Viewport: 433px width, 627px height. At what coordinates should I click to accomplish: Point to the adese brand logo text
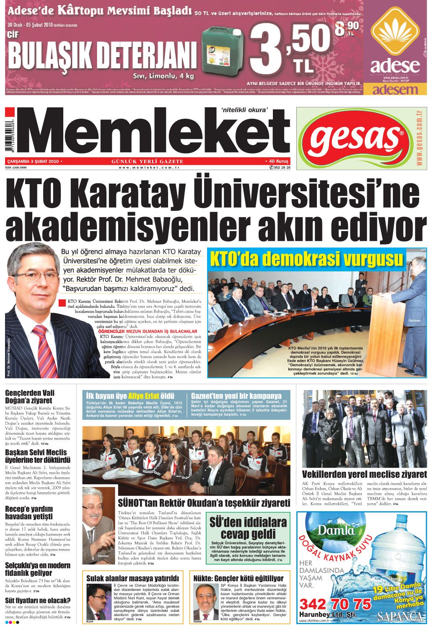click(394, 66)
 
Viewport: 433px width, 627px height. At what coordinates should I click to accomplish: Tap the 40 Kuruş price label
click(277, 161)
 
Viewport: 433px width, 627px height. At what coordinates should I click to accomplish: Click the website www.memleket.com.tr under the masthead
click(149, 167)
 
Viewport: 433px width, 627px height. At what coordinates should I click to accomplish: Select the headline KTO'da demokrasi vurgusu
click(306, 259)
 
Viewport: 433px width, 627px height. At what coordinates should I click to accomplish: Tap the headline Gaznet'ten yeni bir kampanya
click(236, 395)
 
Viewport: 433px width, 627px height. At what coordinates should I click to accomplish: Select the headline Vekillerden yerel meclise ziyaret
click(364, 474)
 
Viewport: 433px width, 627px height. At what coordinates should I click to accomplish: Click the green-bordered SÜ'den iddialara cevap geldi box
click(248, 538)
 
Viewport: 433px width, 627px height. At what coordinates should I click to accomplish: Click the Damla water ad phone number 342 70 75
click(335, 604)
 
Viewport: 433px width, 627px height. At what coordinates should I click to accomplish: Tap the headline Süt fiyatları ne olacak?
click(38, 600)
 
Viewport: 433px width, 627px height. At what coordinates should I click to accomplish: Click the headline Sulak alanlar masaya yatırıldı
click(132, 578)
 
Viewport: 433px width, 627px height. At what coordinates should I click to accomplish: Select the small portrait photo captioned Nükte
click(205, 601)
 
